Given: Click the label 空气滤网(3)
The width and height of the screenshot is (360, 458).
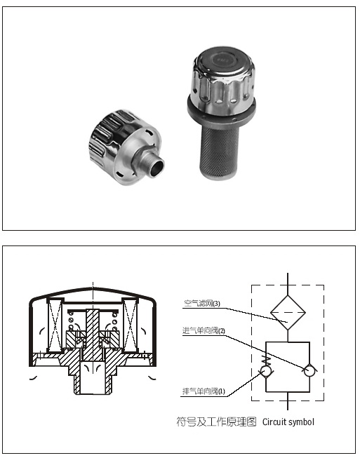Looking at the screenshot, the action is coord(202,304).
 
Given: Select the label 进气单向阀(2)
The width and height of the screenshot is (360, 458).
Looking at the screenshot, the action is coord(204,330).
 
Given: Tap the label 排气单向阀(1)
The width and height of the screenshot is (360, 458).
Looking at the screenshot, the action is coord(204,391).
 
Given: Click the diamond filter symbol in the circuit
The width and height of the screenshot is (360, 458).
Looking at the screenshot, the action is coord(288,313).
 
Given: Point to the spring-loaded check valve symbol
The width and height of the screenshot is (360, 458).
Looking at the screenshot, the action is coord(266,368).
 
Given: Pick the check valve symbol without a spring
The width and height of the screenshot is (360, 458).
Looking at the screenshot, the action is coord(309,370).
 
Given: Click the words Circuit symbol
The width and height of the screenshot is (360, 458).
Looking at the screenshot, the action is coord(288,422).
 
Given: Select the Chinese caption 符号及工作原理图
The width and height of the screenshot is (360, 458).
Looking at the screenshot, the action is coord(216,422).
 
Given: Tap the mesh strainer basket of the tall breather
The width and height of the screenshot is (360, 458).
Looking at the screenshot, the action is coord(219,152).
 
